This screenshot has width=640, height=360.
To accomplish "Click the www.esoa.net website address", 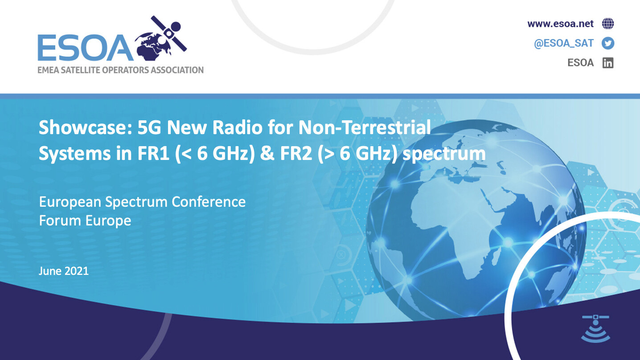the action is click(x=560, y=24).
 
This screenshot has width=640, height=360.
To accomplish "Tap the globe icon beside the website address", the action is click(x=608, y=24).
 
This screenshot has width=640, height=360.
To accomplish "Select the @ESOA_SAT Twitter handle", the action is click(x=564, y=43).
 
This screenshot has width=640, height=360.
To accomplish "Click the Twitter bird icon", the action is click(x=608, y=43).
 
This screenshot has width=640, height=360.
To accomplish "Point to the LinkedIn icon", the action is click(x=608, y=63).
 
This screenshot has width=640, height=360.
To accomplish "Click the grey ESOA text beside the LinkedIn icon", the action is click(x=580, y=63).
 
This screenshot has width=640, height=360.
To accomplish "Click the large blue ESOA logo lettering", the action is click(x=86, y=48).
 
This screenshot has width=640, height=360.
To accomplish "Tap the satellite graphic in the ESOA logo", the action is click(x=168, y=34).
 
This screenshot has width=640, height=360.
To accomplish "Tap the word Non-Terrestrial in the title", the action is click(x=365, y=127).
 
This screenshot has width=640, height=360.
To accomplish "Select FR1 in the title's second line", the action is click(x=153, y=154).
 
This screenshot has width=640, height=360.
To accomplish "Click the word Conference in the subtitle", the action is click(x=209, y=202).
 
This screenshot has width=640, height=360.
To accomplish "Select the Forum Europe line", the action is click(x=85, y=221).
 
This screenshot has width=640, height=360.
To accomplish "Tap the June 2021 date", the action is click(x=64, y=271).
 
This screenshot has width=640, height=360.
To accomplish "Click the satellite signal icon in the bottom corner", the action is click(x=596, y=328).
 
